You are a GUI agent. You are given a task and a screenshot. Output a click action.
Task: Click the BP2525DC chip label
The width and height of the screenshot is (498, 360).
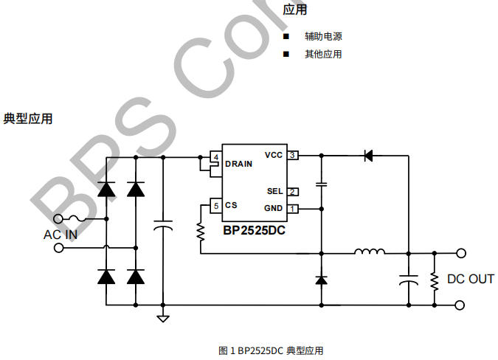pyautogui.click(x=254, y=229)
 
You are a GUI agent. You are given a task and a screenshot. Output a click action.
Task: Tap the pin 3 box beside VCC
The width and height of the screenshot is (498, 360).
pyautogui.click(x=293, y=156)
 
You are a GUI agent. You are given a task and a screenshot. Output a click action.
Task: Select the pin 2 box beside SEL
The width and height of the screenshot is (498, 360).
pyautogui.click(x=293, y=192)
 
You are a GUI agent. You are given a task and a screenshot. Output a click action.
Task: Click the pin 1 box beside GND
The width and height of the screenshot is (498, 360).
pyautogui.click(x=293, y=209)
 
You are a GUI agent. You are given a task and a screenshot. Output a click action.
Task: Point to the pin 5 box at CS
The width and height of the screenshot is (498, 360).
pyautogui.click(x=215, y=206)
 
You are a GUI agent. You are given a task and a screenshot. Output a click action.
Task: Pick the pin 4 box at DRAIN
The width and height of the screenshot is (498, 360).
pyautogui.click(x=215, y=158)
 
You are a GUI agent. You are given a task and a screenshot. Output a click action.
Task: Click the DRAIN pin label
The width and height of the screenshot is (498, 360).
pyautogui.click(x=238, y=164)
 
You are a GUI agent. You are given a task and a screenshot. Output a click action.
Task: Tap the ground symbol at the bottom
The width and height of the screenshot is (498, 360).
pyautogui.click(x=163, y=318)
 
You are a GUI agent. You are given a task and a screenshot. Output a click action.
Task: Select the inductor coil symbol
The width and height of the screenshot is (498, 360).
pyautogui.click(x=369, y=253)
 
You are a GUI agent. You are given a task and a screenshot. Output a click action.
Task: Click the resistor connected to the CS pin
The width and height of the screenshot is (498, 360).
pyautogui.click(x=200, y=232)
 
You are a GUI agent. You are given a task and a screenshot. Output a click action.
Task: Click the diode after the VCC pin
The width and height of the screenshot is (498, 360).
pyautogui.click(x=368, y=156)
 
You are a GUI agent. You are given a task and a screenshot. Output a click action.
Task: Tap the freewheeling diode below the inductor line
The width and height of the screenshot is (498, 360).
pyautogui.click(x=321, y=280)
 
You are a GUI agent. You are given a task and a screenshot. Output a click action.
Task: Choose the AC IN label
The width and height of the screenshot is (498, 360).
pyautogui.click(x=60, y=235)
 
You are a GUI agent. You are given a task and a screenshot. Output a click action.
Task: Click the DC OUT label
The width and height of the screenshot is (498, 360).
pyautogui.click(x=471, y=279)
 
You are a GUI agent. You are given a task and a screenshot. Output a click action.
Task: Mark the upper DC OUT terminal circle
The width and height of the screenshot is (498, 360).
pyautogui.click(x=462, y=253)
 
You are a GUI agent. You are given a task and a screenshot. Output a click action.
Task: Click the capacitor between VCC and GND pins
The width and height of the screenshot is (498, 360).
pyautogui.click(x=321, y=183)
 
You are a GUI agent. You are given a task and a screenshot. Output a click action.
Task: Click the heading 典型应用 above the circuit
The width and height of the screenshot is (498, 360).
pyautogui.click(x=28, y=119)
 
